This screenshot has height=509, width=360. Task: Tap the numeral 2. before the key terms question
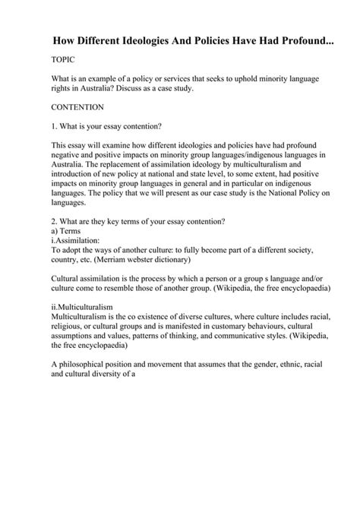point(54,223)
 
